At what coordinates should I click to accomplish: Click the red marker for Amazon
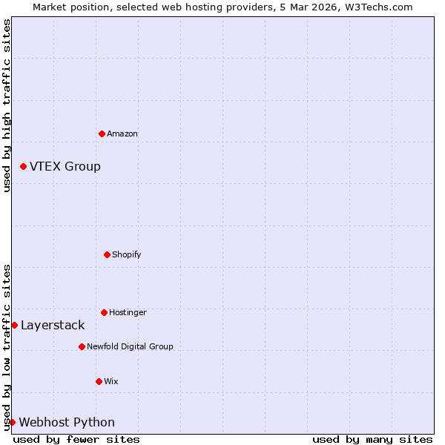click(x=102, y=133)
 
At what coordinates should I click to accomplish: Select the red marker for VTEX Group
click(x=23, y=166)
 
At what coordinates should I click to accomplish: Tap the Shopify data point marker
click(x=107, y=254)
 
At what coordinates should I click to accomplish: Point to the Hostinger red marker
click(x=104, y=312)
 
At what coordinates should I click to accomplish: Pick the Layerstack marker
click(x=14, y=325)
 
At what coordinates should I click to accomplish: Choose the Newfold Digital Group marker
click(x=82, y=346)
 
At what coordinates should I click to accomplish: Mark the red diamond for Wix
click(x=99, y=381)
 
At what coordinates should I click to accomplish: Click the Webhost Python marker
click(x=12, y=422)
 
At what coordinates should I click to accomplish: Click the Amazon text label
click(x=122, y=133)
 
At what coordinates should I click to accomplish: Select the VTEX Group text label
click(x=65, y=166)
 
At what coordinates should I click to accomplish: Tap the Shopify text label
click(x=127, y=254)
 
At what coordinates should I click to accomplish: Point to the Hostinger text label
click(x=128, y=312)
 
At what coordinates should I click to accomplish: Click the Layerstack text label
click(x=53, y=325)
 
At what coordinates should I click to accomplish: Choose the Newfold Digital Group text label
click(x=130, y=346)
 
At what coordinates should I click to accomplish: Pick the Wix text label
click(x=111, y=381)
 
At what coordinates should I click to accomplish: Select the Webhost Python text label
click(x=67, y=422)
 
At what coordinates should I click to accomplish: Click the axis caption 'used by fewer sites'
click(x=76, y=439)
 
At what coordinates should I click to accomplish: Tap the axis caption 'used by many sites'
click(x=372, y=439)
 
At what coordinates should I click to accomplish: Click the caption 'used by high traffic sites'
click(x=7, y=105)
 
